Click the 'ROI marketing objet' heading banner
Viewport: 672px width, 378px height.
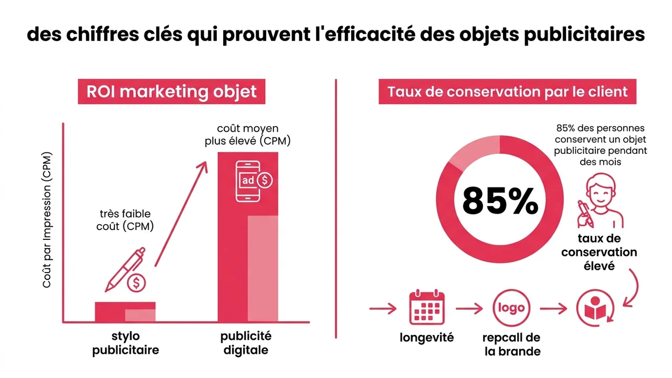coord(171,91)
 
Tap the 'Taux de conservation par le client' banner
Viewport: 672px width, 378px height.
coord(507,91)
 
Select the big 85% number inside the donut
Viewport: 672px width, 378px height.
coord(500,201)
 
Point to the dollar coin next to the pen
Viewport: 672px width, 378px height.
coord(137,283)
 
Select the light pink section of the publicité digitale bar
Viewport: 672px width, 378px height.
coord(262,268)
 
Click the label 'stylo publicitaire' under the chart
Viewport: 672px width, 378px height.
coord(125,343)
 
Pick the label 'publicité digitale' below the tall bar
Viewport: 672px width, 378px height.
coord(246,343)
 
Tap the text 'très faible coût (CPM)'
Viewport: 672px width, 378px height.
coord(125,220)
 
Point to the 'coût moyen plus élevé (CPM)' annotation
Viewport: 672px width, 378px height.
coord(248,135)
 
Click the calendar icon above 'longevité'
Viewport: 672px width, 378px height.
coord(426,308)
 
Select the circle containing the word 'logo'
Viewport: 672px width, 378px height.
coord(511,309)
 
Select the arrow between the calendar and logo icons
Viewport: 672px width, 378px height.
coord(468,309)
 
